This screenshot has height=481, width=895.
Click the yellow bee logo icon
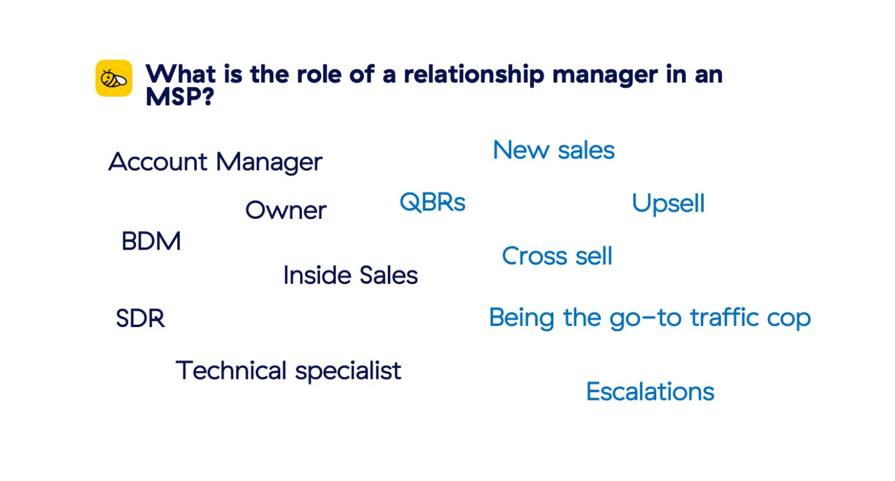114,78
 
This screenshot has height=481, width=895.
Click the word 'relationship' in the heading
474,75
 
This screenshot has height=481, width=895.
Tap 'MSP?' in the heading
180,96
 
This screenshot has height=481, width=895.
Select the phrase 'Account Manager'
215,162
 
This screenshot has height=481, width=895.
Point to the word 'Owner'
286,210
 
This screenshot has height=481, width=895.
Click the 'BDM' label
152,241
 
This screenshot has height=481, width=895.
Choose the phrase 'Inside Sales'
351,275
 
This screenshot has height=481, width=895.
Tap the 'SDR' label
140,319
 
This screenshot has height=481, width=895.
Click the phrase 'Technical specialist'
288,371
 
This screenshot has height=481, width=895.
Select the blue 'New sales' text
554,150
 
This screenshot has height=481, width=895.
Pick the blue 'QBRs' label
432,202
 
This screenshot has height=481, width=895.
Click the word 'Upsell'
668,204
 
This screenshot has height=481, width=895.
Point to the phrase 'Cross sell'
557,256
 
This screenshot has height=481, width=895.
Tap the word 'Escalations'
650,391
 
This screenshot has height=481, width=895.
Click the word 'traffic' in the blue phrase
724,317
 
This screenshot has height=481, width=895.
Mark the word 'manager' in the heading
605,76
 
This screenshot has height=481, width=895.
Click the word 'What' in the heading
181,74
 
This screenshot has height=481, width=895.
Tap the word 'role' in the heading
319,74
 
